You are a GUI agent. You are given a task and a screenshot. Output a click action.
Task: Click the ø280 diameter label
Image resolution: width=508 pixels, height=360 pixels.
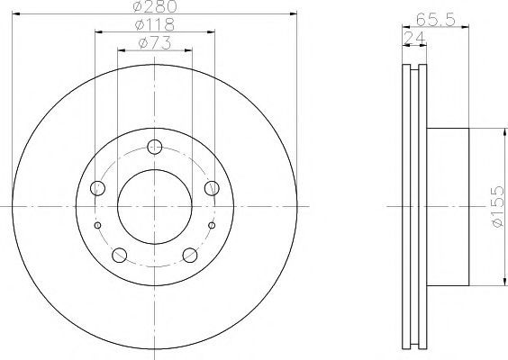(x=155, y=6)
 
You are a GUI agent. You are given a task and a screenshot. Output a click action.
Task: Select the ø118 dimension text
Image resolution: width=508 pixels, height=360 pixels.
(x=155, y=24)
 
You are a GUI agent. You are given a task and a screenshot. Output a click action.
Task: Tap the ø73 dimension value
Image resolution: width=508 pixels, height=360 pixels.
(x=155, y=43)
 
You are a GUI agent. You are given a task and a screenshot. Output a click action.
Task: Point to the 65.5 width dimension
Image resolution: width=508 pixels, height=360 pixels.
(x=436, y=20)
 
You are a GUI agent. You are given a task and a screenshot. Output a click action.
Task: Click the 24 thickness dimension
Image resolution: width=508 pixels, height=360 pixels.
(x=414, y=39)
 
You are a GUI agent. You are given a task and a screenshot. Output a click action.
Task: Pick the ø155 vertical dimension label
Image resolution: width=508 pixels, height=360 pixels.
(x=497, y=206)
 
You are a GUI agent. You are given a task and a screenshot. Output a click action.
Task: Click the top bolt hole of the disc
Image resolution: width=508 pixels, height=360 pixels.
(x=155, y=147)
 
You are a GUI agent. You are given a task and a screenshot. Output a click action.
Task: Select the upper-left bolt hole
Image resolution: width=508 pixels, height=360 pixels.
(x=97, y=188)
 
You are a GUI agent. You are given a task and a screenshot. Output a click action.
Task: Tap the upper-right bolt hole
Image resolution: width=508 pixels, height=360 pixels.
(x=212, y=188)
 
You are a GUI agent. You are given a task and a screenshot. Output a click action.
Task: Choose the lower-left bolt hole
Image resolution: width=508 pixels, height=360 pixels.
(x=119, y=255)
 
